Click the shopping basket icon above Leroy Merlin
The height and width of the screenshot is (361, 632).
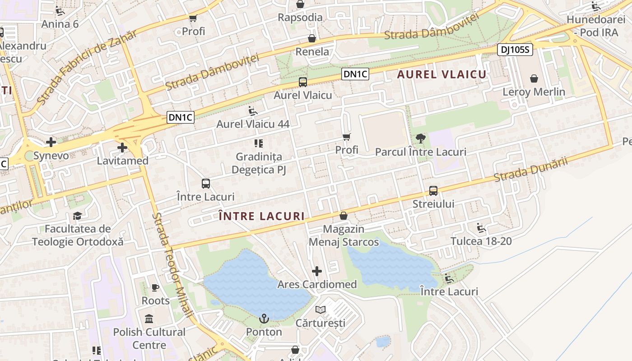click(x=534, y=79)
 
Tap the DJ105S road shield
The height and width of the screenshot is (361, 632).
click(x=515, y=50)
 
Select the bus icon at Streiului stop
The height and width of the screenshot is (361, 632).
click(x=433, y=190)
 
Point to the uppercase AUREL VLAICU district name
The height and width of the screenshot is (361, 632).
click(x=441, y=75)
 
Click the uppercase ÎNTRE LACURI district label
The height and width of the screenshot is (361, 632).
click(x=262, y=216)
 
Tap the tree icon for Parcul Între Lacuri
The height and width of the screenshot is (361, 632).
click(x=421, y=139)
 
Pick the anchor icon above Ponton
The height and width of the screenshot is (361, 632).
click(x=264, y=319)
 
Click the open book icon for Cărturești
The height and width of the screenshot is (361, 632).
click(x=321, y=310)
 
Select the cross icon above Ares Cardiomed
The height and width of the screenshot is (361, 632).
click(x=317, y=271)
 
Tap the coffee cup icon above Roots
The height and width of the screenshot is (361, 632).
click(x=155, y=287)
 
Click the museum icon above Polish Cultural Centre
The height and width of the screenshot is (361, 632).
click(x=149, y=319)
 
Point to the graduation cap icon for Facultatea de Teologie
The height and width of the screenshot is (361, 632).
click(x=77, y=216)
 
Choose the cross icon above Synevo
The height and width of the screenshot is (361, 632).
click(x=51, y=142)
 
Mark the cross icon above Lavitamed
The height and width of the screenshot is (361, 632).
click(x=122, y=148)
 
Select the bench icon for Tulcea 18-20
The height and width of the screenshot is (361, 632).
click(x=481, y=228)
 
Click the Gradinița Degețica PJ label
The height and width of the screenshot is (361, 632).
click(x=259, y=163)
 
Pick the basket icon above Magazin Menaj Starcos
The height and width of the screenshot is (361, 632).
click(x=344, y=216)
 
